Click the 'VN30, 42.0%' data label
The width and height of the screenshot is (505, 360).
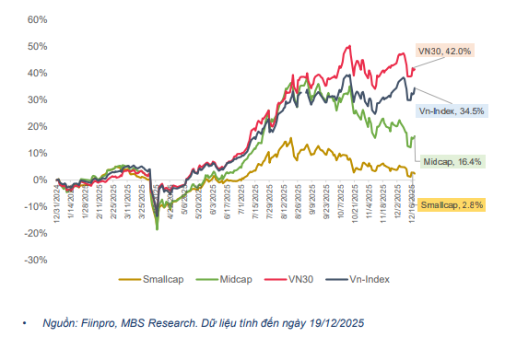click(445, 53)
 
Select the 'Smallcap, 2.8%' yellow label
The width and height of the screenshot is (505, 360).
click(452, 204)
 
